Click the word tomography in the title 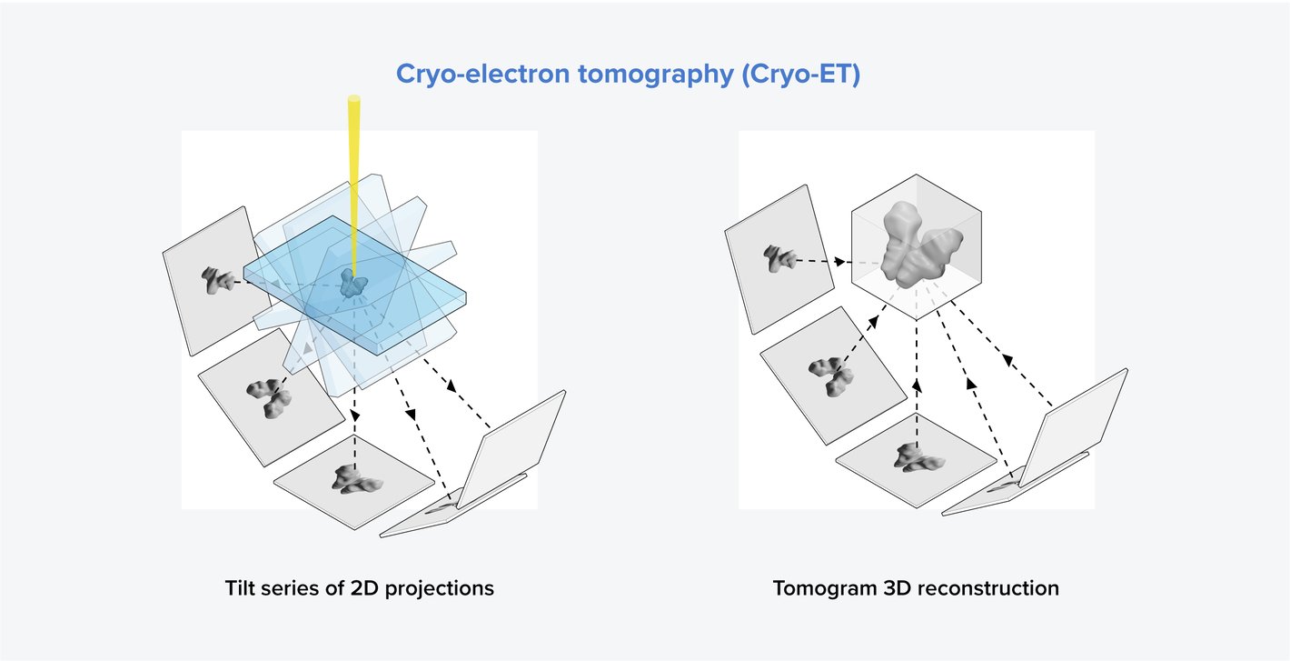pyautogui.click(x=661, y=75)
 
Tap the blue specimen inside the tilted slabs pyautogui.click(x=350, y=284)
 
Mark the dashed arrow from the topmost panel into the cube pyautogui.click(x=822, y=262)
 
